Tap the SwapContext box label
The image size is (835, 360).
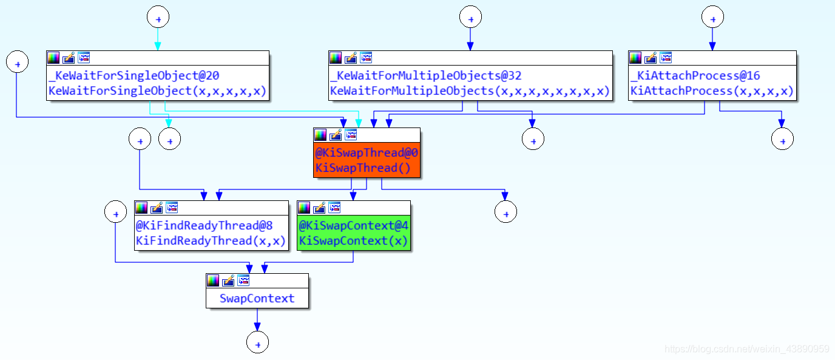257,298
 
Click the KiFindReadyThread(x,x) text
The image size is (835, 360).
211,240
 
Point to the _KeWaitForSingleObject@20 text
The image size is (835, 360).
134,76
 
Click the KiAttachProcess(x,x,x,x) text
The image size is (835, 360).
712,91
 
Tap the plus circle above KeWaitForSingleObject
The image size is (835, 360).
158,17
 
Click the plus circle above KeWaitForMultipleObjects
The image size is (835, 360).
470,17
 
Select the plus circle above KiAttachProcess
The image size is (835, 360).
712,17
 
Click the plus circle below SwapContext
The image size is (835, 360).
257,343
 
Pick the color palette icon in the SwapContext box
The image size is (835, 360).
213,280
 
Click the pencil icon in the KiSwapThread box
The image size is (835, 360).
336,135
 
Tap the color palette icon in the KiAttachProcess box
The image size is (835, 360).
635,58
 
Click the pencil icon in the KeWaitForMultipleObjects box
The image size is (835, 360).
351,58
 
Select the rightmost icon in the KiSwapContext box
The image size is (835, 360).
334,208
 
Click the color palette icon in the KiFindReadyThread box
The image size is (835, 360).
141,208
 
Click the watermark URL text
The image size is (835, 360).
747,349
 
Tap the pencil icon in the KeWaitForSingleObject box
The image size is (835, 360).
69,58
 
